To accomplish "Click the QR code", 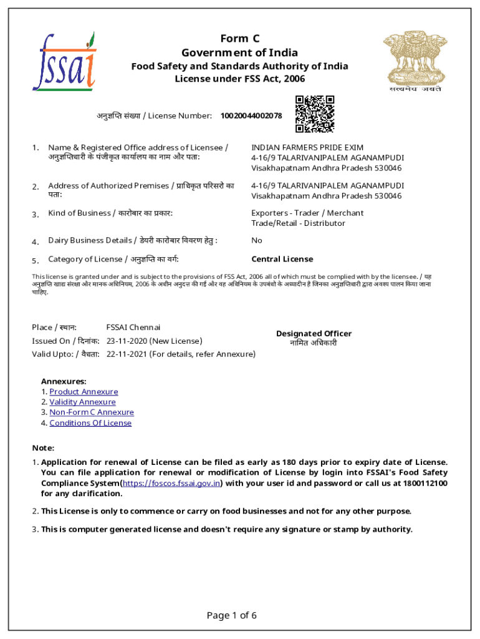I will (x=315, y=114).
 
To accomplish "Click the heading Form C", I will (x=239, y=39).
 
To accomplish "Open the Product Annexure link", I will (x=84, y=392).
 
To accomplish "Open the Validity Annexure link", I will (x=82, y=402).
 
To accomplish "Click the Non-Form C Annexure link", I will (x=92, y=412).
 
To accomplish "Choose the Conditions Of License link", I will (x=90, y=423).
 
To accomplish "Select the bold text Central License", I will (x=282, y=259).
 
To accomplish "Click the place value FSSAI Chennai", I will (x=133, y=328).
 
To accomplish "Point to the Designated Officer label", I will (x=314, y=334).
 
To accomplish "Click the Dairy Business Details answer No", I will (x=257, y=240).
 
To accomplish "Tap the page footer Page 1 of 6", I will (x=231, y=616).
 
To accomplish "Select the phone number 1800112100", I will (x=426, y=484).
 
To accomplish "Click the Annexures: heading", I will (x=64, y=381).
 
